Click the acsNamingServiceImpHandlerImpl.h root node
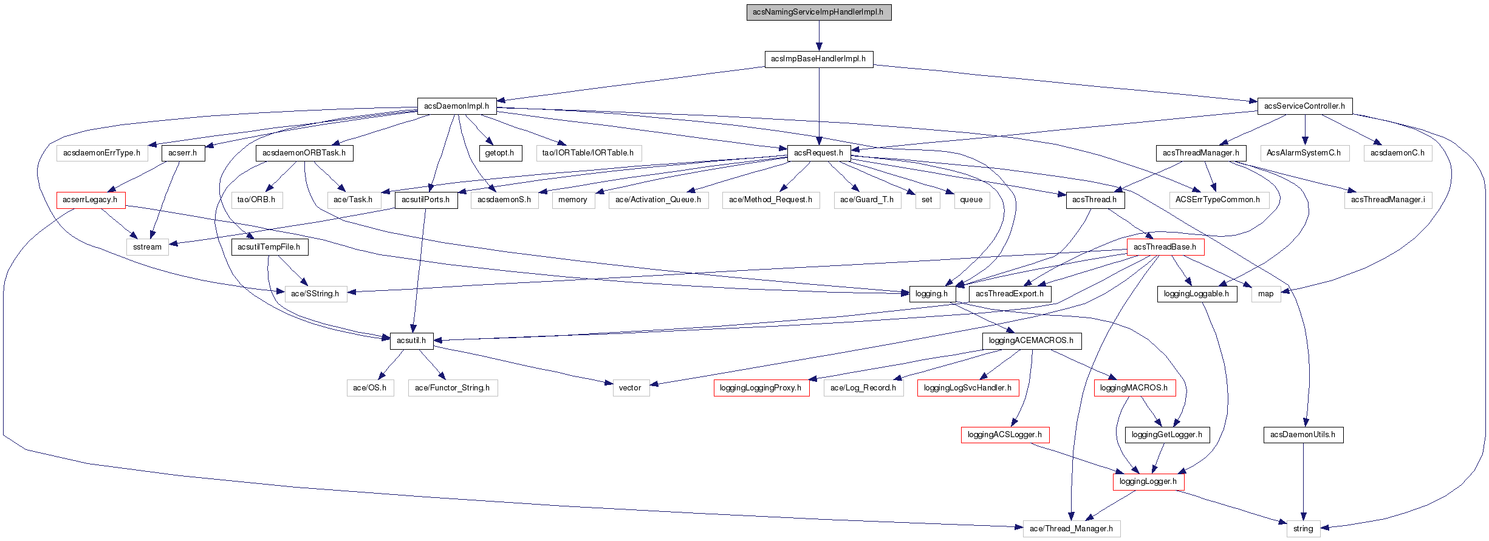point(818,12)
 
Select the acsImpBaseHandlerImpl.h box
point(818,59)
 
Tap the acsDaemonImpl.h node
point(456,106)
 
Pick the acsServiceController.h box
point(1304,106)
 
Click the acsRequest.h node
point(818,153)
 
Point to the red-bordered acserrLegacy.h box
point(91,200)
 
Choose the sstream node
point(148,247)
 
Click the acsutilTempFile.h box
point(269,247)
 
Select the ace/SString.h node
point(315,294)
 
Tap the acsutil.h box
point(411,341)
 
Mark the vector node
point(630,388)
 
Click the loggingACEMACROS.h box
point(1031,341)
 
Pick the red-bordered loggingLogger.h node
point(1148,481)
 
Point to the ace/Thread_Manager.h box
point(1072,529)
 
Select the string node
point(1303,529)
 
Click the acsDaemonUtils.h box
point(1303,435)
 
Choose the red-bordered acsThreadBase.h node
point(1165,247)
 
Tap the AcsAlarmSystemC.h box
point(1304,153)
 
